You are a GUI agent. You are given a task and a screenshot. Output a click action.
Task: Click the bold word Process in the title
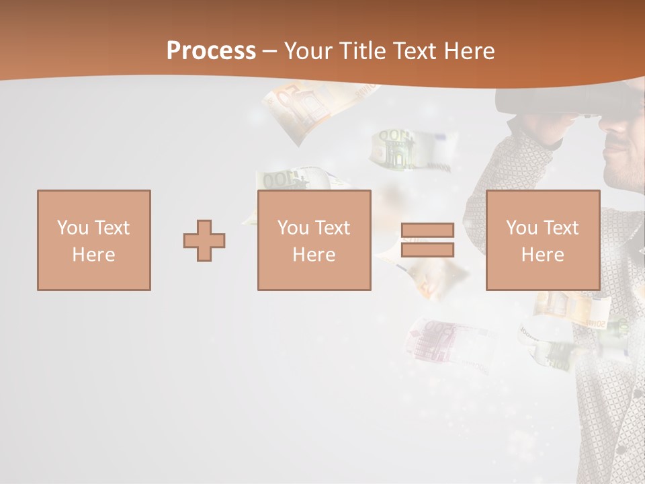(x=211, y=50)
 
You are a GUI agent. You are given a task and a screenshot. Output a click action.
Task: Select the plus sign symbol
(x=204, y=241)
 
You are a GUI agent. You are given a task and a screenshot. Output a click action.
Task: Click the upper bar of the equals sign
(x=427, y=230)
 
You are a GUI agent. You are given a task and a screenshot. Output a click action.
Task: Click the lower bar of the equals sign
(x=427, y=250)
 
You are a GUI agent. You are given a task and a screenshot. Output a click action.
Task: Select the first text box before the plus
(x=94, y=241)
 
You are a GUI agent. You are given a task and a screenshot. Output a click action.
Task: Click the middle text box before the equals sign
(x=314, y=241)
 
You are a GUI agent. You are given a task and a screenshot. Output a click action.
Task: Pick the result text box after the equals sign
(x=542, y=241)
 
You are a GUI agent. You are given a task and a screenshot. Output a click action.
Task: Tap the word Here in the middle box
(x=314, y=255)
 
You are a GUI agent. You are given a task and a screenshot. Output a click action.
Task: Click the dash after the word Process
(x=269, y=50)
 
